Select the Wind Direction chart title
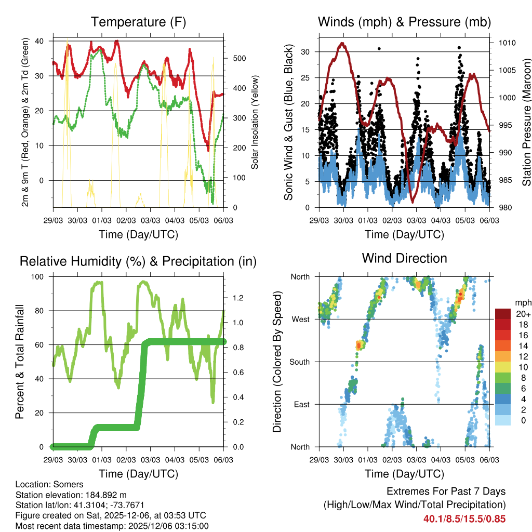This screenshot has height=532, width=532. [x=404, y=258]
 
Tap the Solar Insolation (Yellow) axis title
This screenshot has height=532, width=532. [x=255, y=123]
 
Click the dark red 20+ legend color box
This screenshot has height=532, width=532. [x=502, y=314]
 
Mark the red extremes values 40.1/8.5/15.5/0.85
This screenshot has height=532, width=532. [x=464, y=518]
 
